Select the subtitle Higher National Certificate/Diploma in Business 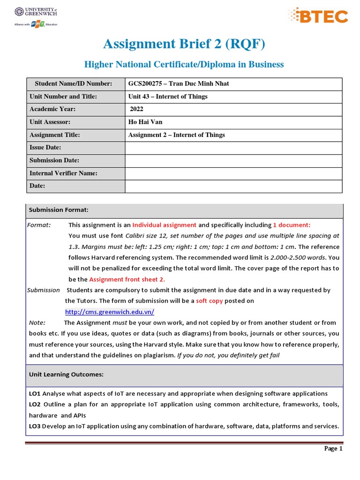tap(184, 64)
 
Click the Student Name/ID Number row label tap(73, 84)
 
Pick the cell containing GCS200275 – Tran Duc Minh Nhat tap(179, 84)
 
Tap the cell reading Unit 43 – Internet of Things tap(168, 97)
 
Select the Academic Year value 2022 tap(136, 109)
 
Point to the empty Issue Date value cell tap(233, 148)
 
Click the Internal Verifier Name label tap(63, 173)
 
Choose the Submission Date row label tap(54, 160)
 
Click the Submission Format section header tap(59, 210)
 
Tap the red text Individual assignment tap(164, 225)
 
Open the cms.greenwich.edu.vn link tap(109, 312)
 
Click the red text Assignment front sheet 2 tap(127, 279)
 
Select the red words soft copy tap(209, 301)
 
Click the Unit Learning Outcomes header tap(66, 375)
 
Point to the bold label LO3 tap(35, 426)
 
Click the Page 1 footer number tap(334, 449)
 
